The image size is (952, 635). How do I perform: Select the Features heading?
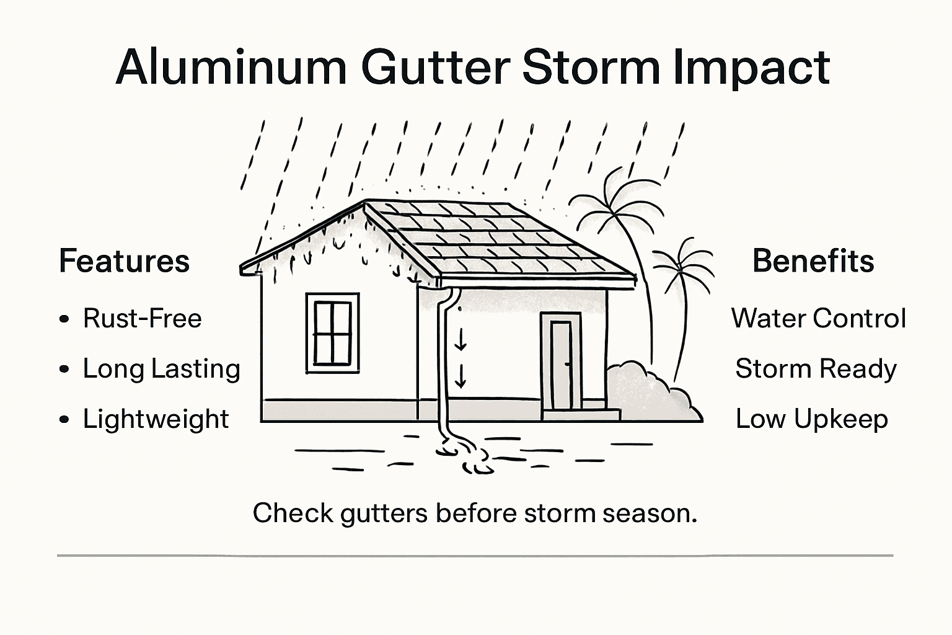point(124,261)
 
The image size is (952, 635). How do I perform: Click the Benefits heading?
point(813,261)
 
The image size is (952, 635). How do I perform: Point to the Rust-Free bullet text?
point(143,319)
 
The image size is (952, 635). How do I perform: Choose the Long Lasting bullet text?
point(162,369)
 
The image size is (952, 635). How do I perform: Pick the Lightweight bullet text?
point(156,419)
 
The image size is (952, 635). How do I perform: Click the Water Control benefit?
point(818,319)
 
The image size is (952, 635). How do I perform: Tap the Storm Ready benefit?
point(816,369)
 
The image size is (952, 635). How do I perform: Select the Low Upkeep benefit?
point(812,419)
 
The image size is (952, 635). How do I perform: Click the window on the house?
point(332,333)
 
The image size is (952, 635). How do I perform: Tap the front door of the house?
point(561,365)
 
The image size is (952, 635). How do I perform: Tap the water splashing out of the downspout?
point(465,456)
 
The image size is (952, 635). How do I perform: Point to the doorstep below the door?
point(581,415)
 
